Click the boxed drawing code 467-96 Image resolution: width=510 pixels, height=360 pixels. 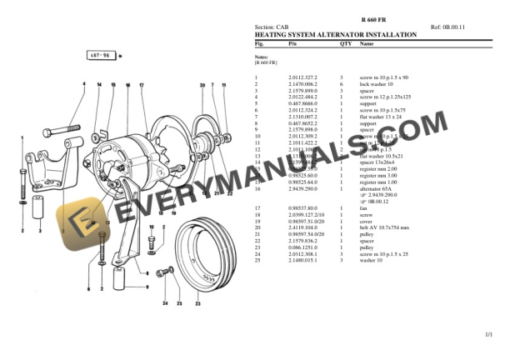[x=98, y=57]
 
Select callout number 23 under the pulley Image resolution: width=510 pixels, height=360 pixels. [x=197, y=302]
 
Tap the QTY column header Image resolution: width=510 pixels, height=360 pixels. [x=346, y=42]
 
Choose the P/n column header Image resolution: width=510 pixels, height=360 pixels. [x=292, y=42]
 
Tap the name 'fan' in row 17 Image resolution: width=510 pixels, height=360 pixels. [x=363, y=207]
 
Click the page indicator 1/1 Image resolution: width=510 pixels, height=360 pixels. [x=488, y=334]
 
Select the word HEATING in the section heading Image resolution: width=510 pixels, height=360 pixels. [x=271, y=35]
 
